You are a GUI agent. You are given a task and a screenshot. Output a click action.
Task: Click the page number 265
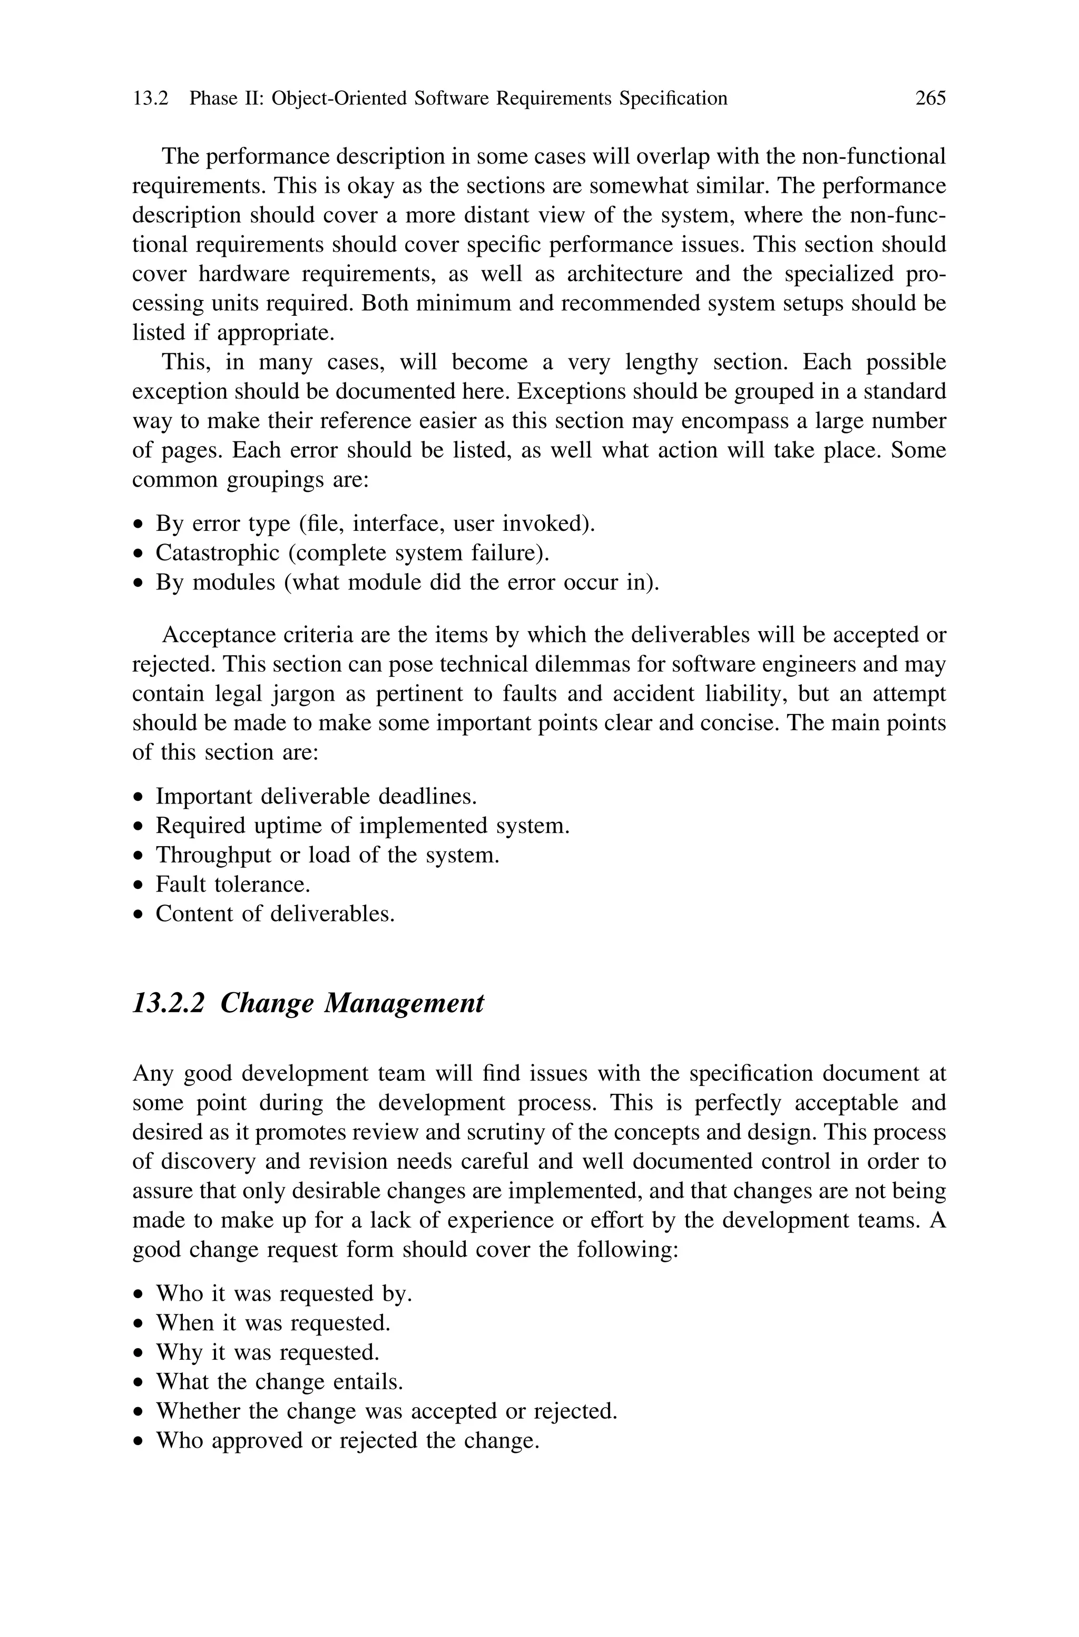pos(930,99)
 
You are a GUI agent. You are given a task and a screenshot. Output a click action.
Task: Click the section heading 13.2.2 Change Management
pos(308,1003)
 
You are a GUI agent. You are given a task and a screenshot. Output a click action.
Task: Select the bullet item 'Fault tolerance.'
pos(232,884)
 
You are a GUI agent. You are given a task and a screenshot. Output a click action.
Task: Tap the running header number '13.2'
pos(150,99)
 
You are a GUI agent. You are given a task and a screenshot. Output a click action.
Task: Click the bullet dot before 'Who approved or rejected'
pos(140,1441)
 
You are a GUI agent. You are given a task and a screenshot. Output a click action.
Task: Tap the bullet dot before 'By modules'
pos(140,583)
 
